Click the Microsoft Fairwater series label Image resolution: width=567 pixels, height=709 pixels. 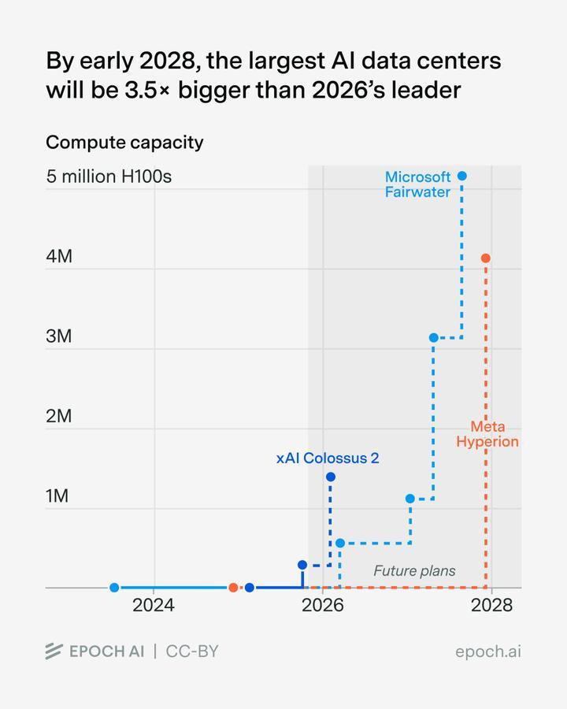(x=417, y=184)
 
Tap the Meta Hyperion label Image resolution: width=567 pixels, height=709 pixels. (x=487, y=434)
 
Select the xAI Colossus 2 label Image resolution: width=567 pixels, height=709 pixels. (x=328, y=458)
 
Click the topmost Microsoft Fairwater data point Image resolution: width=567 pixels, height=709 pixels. (x=462, y=176)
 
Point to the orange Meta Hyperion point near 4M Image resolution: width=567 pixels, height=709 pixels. (x=486, y=258)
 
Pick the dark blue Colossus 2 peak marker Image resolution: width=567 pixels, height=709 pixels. (x=331, y=477)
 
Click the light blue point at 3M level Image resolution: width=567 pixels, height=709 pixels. (x=433, y=338)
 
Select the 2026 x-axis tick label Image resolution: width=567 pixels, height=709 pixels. (x=322, y=606)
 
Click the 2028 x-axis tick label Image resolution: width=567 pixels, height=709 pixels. (x=491, y=606)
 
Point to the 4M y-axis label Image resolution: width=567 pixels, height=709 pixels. (x=59, y=256)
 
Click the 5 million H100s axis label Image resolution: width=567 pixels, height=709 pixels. (x=109, y=176)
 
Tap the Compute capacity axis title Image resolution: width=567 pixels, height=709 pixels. (x=124, y=143)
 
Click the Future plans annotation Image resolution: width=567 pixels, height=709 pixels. (x=414, y=570)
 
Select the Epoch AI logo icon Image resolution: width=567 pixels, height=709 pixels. (x=54, y=651)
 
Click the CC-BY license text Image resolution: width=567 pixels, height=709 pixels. (x=192, y=651)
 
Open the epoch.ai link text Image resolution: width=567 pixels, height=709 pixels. (x=488, y=651)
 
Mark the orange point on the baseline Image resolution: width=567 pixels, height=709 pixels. (x=233, y=588)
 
